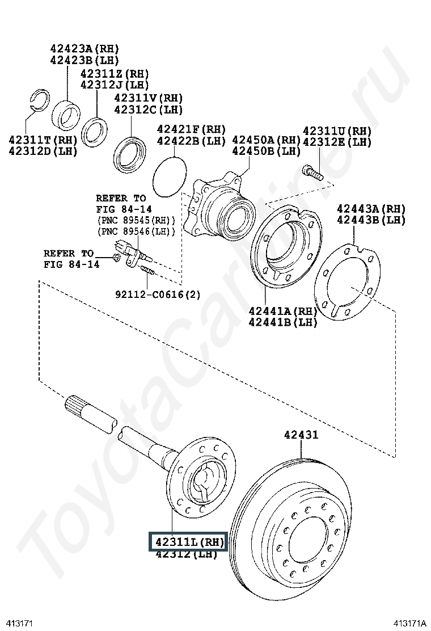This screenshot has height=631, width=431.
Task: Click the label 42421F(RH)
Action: coord(191,129)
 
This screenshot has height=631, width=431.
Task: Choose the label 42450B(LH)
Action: coord(266,151)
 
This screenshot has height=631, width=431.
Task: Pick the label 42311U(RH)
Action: coord(337,131)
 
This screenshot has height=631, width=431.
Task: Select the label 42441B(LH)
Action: coord(283,322)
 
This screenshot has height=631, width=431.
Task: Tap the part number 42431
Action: coord(301,435)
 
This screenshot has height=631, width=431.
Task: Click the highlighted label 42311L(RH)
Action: coord(187,542)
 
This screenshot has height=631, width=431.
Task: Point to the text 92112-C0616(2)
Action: coord(158,295)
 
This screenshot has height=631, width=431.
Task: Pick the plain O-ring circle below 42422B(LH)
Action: coord(169,176)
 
